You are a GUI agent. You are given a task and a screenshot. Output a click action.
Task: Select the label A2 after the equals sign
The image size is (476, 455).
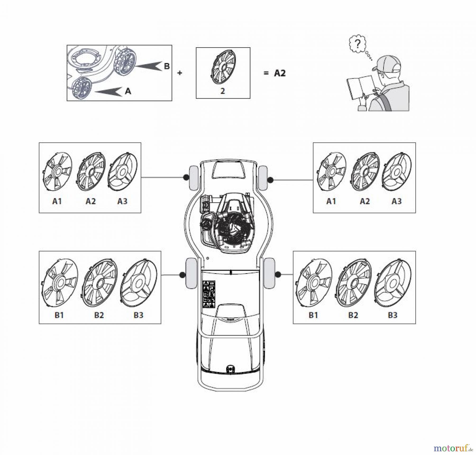tap(280, 73)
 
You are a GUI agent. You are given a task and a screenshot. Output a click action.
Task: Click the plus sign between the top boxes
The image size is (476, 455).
tap(180, 73)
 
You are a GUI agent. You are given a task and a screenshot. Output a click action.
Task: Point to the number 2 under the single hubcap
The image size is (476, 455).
tap(223, 91)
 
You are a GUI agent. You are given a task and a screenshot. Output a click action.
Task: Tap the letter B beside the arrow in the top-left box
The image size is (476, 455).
tap(167, 66)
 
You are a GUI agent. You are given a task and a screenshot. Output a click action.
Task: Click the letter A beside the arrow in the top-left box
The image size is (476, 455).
tap(128, 91)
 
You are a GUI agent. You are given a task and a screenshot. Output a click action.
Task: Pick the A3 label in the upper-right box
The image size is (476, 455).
tap(396, 201)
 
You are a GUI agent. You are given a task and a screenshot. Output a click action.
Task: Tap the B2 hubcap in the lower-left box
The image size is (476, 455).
tap(99, 283)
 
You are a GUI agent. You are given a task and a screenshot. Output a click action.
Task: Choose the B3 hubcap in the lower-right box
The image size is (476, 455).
tap(393, 283)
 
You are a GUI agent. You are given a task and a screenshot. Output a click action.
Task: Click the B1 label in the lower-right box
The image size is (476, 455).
tap(313, 315)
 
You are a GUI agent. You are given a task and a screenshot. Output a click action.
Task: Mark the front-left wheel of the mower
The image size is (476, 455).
tap(194, 178)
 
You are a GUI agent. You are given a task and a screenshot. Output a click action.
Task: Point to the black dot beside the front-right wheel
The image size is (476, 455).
tap(270, 180)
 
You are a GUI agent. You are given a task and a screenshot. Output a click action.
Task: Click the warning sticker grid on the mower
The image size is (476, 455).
tap(209, 294)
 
